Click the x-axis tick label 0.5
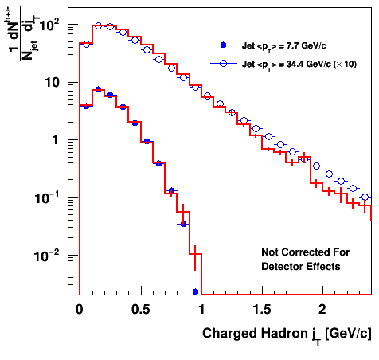[x=141, y=310]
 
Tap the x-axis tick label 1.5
[x=262, y=310]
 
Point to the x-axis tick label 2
[x=322, y=310]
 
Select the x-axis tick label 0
[x=80, y=310]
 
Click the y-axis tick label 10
[x=52, y=83]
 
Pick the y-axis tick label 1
[x=55, y=139]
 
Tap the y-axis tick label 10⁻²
[x=47, y=255]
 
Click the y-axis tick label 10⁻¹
[x=47, y=197]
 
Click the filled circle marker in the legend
[x=224, y=45]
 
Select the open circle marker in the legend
[x=224, y=63]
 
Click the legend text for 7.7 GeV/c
[x=283, y=46]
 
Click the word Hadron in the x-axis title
[x=284, y=333]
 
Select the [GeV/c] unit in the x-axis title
[x=349, y=334]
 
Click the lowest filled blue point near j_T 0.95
[x=196, y=292]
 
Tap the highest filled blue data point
[x=98, y=89]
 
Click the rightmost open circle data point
[x=365, y=197]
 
